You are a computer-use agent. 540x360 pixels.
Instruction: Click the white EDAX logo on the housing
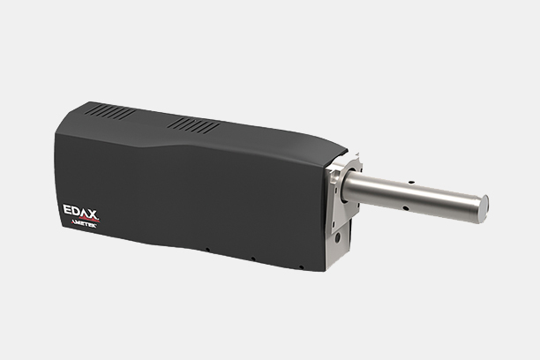tap(80, 212)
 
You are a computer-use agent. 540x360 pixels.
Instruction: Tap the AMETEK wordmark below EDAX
tap(84, 224)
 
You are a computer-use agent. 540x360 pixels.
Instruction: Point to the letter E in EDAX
tap(67, 209)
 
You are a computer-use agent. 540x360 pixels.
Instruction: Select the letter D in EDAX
tap(76, 211)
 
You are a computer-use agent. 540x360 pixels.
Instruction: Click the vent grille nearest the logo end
tap(110, 111)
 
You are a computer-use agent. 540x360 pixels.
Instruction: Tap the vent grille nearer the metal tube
tap(193, 125)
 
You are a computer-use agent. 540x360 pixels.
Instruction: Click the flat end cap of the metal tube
tap(484, 208)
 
